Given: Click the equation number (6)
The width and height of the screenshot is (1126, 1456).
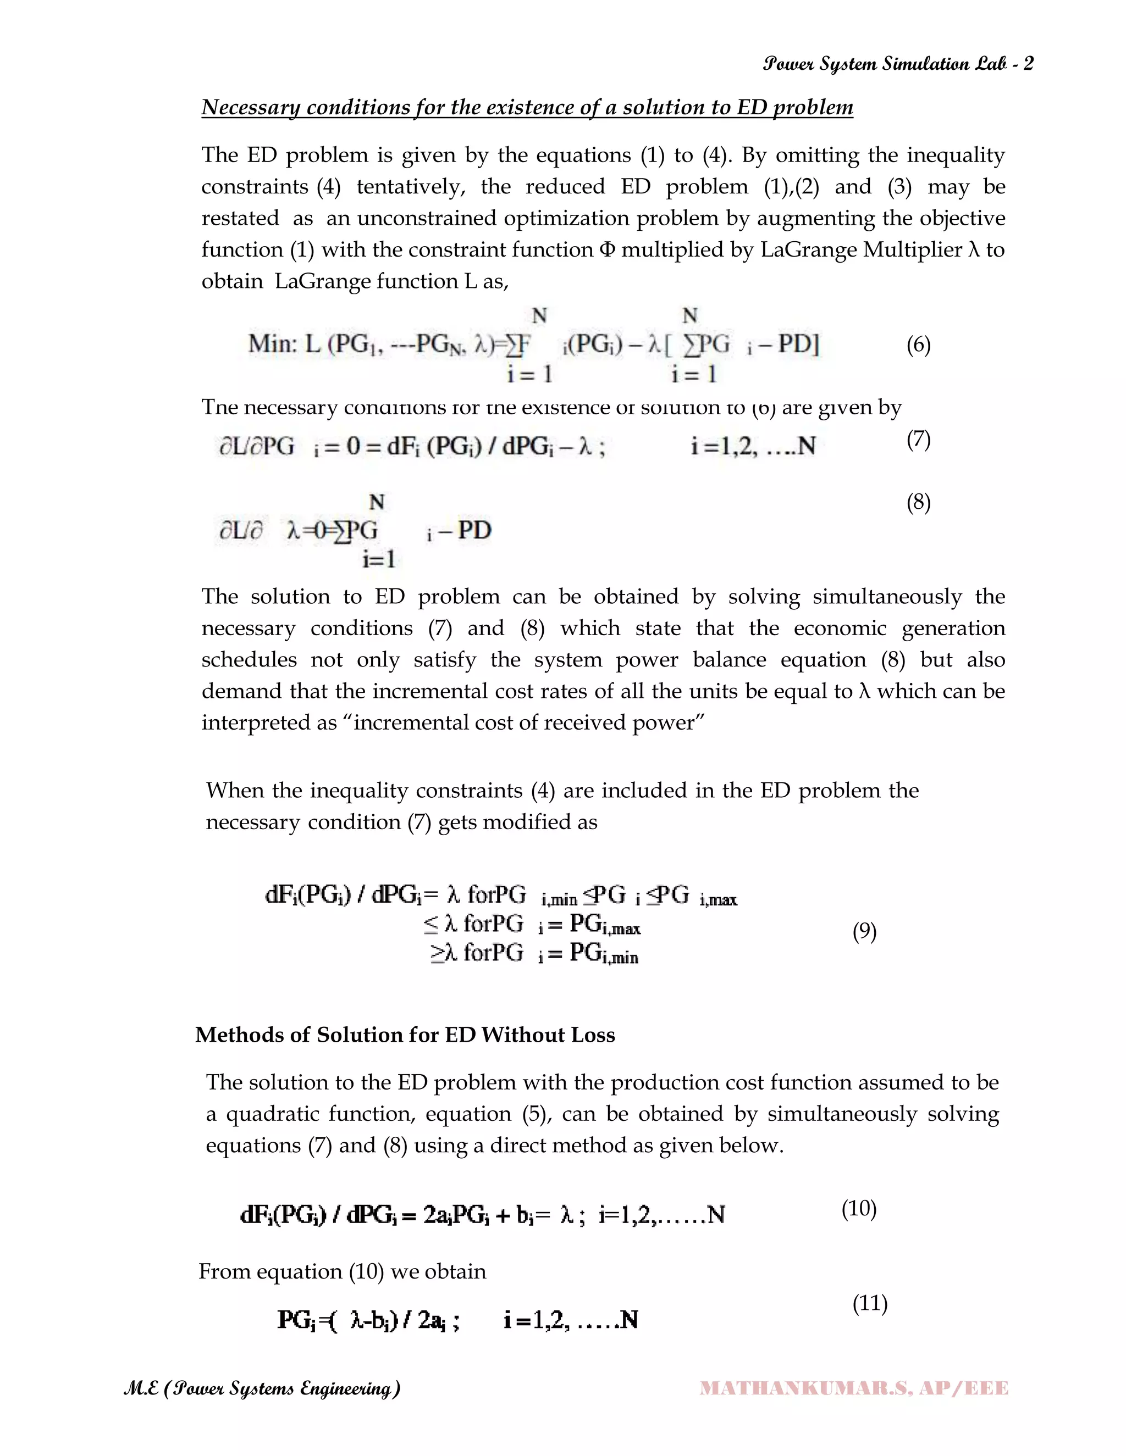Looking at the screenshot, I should pos(918,346).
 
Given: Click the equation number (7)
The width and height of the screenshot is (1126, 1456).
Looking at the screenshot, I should pos(918,440).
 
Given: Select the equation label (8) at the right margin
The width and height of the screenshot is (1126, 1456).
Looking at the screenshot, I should pos(918,502).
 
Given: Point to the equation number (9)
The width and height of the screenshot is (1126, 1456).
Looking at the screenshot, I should pos(864,931).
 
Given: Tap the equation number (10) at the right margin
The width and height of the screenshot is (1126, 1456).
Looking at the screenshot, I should pos(858,1208).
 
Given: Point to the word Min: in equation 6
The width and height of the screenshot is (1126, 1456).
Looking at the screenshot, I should pos(272,344).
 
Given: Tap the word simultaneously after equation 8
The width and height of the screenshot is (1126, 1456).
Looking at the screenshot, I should pos(887,597).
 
